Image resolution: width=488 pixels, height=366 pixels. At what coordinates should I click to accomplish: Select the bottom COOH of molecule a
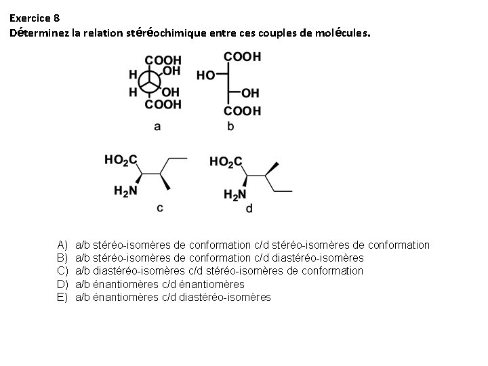click(164, 105)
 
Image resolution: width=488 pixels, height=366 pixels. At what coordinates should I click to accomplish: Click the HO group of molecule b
click(206, 75)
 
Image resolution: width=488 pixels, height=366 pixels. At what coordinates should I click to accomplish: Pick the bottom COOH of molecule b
click(242, 110)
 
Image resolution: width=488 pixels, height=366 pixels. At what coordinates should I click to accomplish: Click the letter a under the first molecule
click(157, 125)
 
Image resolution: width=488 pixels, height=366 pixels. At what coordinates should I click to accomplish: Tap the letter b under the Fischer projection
click(231, 125)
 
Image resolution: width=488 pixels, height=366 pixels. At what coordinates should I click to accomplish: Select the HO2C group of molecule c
click(121, 160)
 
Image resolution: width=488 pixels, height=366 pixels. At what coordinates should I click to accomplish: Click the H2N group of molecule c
click(125, 191)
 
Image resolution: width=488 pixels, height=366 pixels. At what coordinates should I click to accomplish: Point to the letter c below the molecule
click(160, 207)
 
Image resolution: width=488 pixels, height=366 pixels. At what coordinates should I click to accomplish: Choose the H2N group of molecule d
click(235, 195)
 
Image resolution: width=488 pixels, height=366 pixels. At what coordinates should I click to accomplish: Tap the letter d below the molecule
click(249, 209)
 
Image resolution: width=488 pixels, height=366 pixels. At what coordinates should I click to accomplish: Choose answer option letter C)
click(62, 271)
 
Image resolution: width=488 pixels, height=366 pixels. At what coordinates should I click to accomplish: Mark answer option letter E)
click(62, 297)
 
